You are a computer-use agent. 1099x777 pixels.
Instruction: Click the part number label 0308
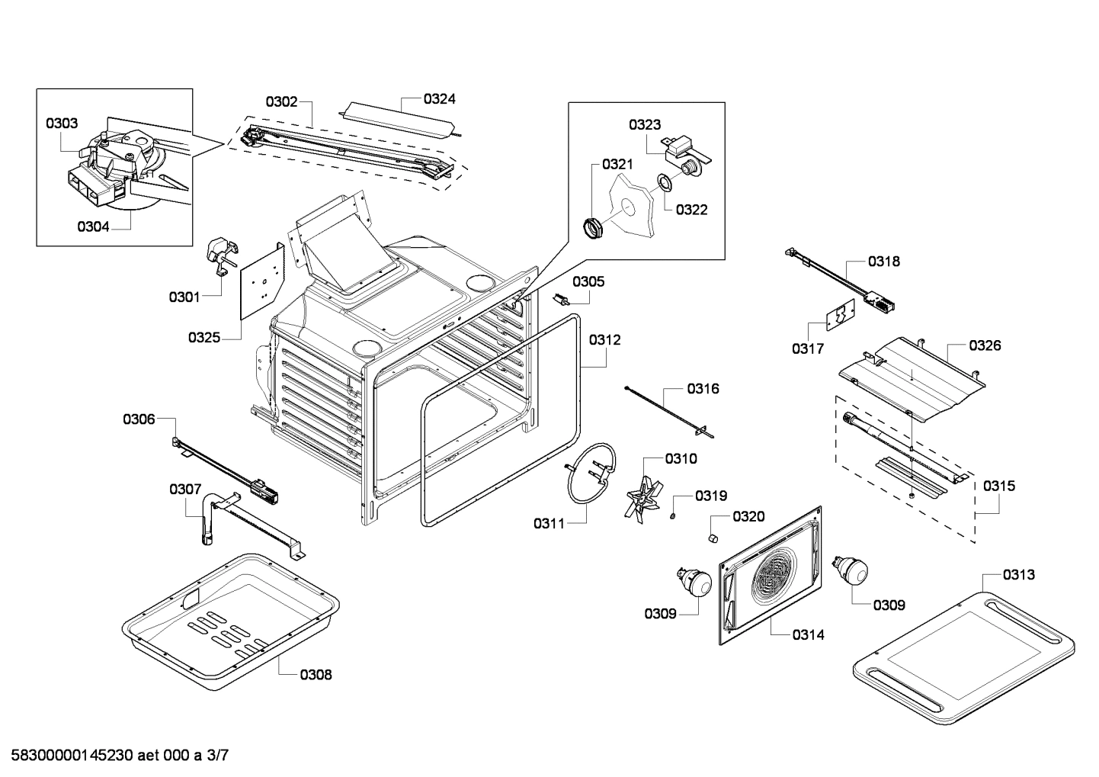pyautogui.click(x=316, y=675)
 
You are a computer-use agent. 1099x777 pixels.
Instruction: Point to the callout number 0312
pyautogui.click(x=604, y=340)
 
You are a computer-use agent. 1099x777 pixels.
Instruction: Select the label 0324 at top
pyautogui.click(x=440, y=99)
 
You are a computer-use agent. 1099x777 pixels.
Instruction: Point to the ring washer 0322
pyautogui.click(x=665, y=182)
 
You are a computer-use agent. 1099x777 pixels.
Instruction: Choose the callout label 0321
pyautogui.click(x=617, y=164)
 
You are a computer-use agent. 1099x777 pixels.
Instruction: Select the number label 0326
pyautogui.click(x=985, y=345)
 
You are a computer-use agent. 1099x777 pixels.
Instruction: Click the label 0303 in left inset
pyautogui.click(x=62, y=124)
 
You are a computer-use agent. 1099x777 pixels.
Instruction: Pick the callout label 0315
pyautogui.click(x=998, y=486)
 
